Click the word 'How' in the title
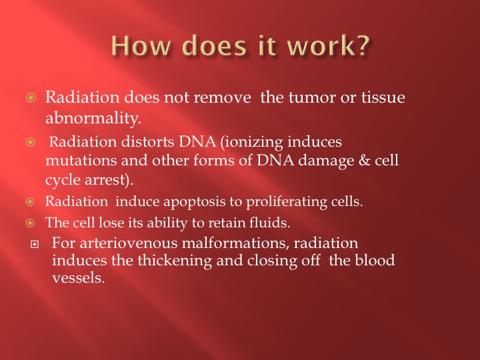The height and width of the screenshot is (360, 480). [x=140, y=45]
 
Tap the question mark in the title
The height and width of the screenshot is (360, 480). [x=363, y=45]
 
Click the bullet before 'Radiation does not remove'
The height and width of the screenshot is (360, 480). [x=31, y=97]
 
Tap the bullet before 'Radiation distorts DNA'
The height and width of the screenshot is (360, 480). [x=30, y=142]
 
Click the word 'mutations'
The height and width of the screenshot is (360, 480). [x=81, y=161]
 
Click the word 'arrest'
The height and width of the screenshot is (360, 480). [x=105, y=180]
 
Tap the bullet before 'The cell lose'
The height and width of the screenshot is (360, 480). [x=30, y=223]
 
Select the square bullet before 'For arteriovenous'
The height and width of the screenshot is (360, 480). [x=35, y=244]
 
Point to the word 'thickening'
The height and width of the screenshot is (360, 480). [x=175, y=261]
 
